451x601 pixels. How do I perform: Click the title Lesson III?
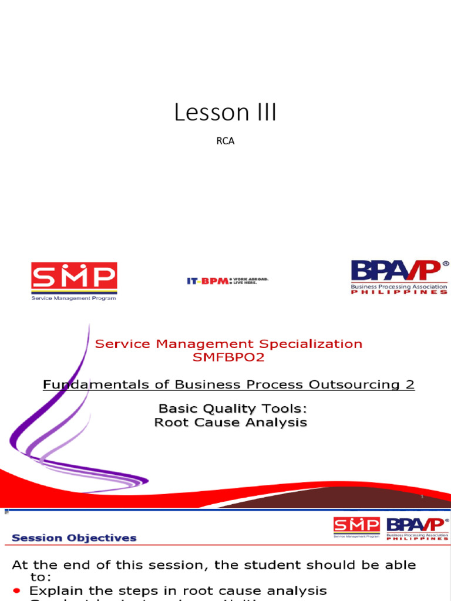pos(225,113)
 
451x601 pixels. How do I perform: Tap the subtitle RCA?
pos(225,141)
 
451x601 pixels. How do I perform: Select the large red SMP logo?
pos(74,276)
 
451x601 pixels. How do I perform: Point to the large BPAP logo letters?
pos(395,271)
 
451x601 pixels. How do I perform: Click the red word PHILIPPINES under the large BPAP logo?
pos(399,292)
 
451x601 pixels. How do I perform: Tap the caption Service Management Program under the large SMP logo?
pos(74,298)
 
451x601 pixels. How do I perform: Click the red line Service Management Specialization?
pos(228,344)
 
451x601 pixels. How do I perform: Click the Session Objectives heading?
pos(75,538)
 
